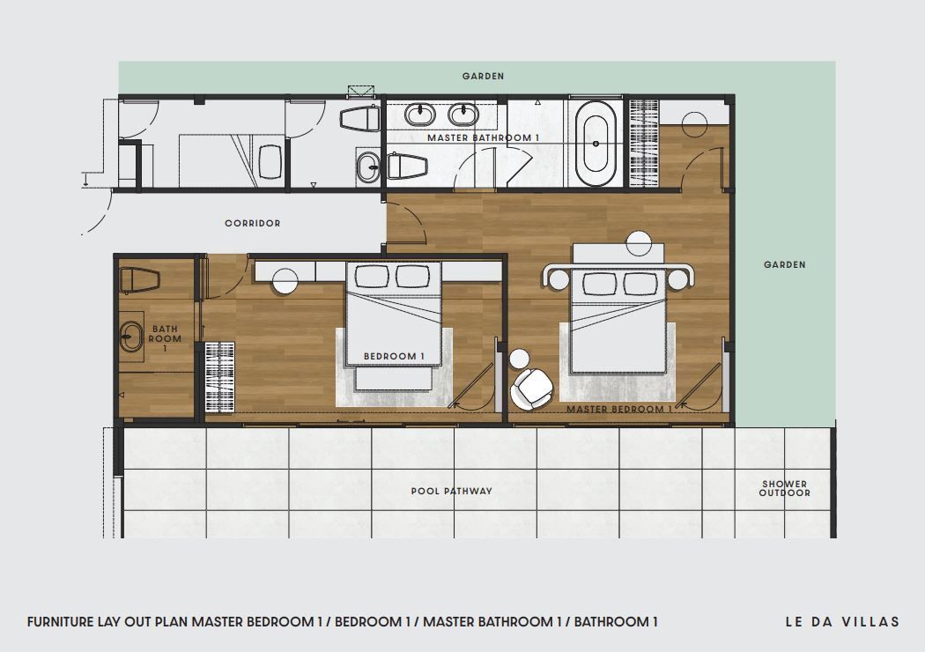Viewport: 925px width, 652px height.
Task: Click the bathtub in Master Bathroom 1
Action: click(x=596, y=144)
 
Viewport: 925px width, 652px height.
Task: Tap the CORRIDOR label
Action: click(x=253, y=223)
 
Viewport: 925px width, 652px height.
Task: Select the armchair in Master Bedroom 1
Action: click(x=532, y=389)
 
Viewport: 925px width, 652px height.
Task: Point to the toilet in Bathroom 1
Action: click(x=139, y=281)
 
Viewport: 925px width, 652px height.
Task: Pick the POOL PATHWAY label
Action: click(x=451, y=491)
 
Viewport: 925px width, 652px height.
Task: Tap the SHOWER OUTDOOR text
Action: click(x=785, y=488)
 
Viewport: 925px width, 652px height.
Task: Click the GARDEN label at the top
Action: click(x=483, y=76)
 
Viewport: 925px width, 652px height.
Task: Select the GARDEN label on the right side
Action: click(x=785, y=265)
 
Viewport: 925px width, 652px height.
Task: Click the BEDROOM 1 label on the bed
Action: click(x=394, y=356)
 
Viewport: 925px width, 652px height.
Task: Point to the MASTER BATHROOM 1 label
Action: click(x=483, y=138)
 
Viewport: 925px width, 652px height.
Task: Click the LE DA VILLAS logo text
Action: click(x=842, y=621)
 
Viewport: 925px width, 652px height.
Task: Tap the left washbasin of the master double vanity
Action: click(x=419, y=115)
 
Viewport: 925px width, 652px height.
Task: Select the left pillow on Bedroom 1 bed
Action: click(x=372, y=276)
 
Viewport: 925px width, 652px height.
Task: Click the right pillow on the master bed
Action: click(x=640, y=283)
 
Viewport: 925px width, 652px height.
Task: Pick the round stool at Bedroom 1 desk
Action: click(x=285, y=281)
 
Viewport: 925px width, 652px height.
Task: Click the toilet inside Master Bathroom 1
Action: click(x=407, y=166)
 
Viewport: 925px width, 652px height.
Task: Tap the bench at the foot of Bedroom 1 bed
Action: click(x=393, y=380)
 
